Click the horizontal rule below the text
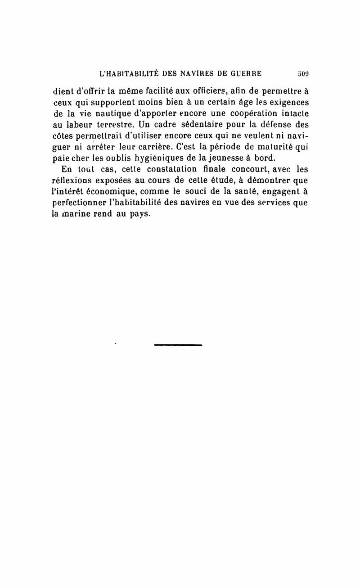click(178, 345)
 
